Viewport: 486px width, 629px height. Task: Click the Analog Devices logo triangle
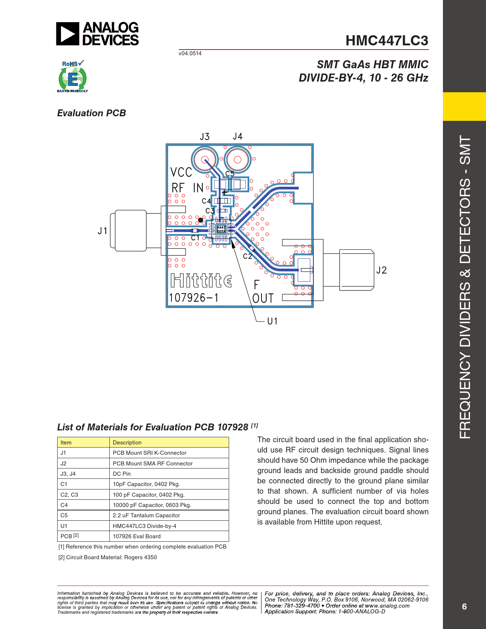tap(67, 34)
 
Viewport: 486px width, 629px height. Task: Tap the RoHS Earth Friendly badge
tap(73, 76)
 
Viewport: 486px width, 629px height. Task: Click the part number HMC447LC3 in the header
tap(387, 40)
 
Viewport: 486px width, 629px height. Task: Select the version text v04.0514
tap(190, 53)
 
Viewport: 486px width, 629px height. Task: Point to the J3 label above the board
tap(205, 136)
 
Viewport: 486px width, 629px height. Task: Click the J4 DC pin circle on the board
tap(237, 159)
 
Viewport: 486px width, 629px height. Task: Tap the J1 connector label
tap(103, 231)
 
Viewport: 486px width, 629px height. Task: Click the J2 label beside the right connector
tap(382, 270)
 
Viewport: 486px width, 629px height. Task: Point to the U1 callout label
tap(273, 321)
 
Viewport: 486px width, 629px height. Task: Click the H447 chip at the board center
tap(221, 229)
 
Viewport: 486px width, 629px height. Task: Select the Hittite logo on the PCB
tap(201, 280)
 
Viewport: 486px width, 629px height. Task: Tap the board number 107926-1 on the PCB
tap(194, 298)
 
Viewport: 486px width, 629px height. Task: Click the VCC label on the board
tap(181, 172)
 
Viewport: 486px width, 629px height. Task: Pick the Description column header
tap(127, 442)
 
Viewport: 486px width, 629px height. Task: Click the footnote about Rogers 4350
tap(107, 557)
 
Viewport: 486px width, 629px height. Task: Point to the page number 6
tap(464, 607)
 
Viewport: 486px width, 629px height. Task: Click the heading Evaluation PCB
tap(91, 113)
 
